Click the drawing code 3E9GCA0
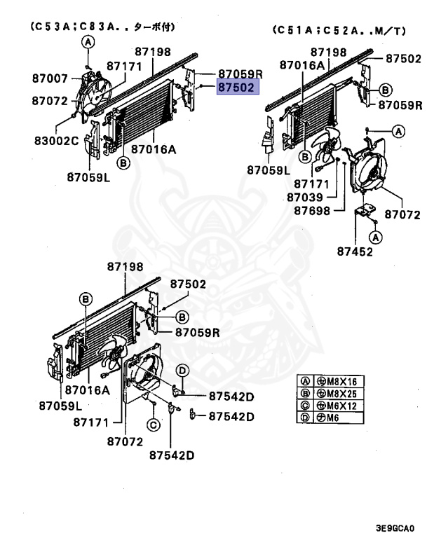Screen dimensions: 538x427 395,528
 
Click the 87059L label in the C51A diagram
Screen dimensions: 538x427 269,170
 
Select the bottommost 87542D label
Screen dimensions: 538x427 172,455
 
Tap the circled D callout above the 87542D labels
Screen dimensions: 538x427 180,370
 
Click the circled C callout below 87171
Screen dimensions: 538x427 152,425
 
